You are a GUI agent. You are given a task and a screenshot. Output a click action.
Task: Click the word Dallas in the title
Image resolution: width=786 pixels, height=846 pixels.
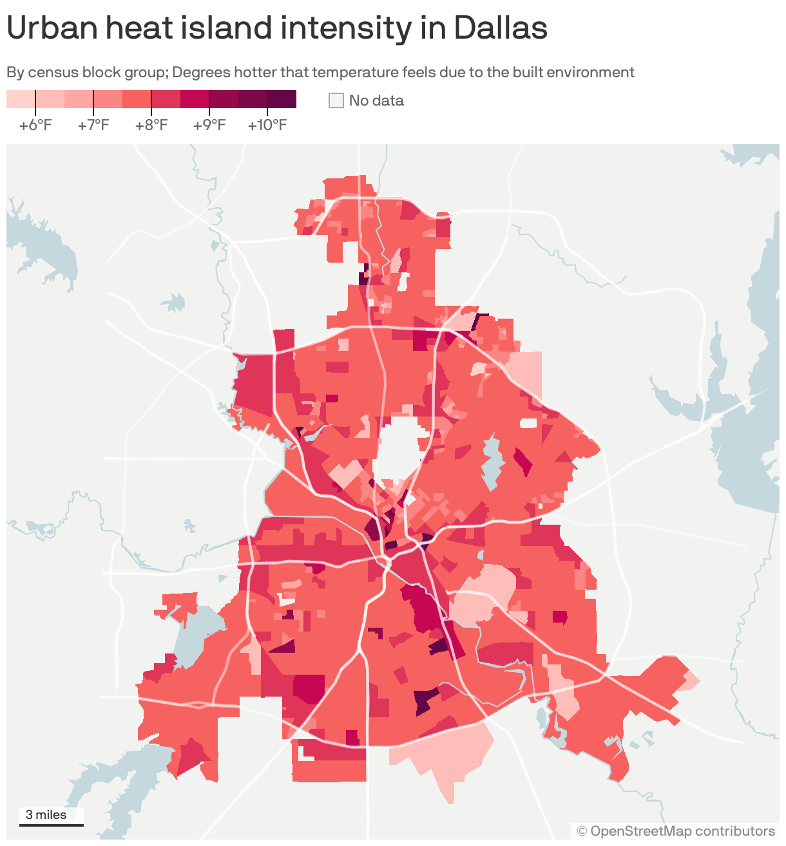[500, 28]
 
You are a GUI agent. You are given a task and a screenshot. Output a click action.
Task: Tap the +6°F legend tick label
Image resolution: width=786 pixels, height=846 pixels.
[35, 125]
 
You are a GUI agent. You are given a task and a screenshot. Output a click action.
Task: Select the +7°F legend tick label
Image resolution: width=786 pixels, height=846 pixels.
[93, 125]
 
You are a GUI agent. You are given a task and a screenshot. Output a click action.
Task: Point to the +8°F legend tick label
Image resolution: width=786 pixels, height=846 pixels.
[151, 125]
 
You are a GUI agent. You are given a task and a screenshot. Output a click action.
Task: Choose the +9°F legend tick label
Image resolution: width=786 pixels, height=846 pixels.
[209, 125]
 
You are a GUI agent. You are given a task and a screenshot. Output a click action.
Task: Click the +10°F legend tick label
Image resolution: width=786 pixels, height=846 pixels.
[267, 125]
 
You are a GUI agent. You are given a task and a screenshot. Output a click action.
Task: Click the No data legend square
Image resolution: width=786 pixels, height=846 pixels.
[336, 100]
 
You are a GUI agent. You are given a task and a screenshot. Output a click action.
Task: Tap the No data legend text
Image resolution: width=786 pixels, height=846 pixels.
[376, 100]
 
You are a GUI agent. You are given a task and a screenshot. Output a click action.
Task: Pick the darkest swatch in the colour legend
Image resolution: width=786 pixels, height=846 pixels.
[282, 99]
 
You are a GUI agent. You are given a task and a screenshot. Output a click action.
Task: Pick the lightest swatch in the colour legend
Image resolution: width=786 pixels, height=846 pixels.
[21, 99]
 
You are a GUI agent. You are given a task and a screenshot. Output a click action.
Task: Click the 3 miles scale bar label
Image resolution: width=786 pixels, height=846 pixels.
[46, 814]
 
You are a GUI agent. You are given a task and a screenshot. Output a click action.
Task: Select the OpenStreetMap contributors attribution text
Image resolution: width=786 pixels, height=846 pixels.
[676, 831]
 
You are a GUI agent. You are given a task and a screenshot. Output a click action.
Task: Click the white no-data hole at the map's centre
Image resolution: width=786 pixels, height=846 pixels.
[397, 451]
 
